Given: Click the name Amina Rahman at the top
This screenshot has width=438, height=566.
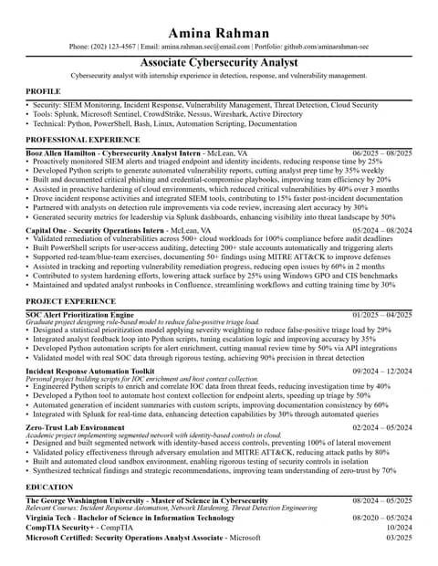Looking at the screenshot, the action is [219, 33].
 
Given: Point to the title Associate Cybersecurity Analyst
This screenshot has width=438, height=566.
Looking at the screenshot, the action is [219, 62].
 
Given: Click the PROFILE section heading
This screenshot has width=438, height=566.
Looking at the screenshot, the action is [43, 92].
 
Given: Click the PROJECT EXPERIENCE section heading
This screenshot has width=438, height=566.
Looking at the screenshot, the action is [70, 300].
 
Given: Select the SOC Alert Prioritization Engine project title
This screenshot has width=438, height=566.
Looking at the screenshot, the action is [80, 314].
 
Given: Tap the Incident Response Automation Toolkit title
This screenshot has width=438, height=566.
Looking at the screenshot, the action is [90, 372].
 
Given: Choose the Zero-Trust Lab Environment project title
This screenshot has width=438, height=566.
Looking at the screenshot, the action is [77, 427].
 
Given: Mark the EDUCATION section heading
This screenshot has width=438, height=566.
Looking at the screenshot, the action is [49, 487].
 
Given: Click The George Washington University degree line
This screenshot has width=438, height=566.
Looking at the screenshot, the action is [146, 501].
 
